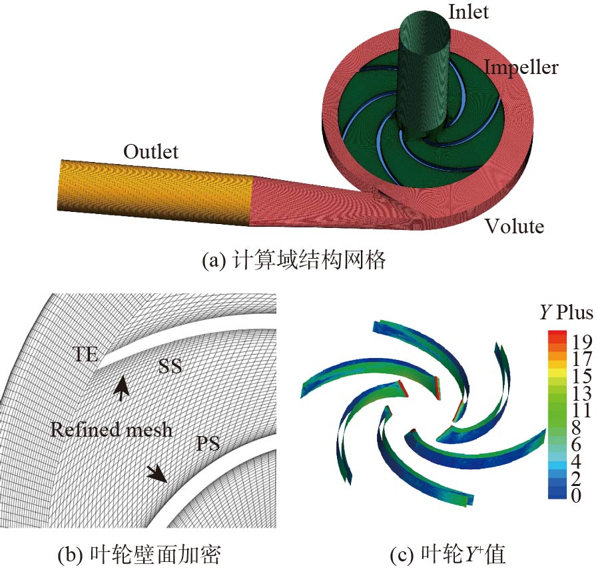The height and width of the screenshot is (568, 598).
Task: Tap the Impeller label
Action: [x=521, y=67]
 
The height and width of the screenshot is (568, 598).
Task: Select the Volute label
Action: [x=513, y=227]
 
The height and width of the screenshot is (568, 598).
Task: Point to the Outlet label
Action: [x=150, y=152]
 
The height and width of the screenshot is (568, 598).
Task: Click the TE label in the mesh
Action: [x=85, y=354]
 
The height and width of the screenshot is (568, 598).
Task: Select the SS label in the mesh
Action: [x=170, y=366]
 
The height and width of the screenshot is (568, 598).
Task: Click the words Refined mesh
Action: [x=111, y=429]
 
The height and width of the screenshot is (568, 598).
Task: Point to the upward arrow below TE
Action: [x=121, y=387]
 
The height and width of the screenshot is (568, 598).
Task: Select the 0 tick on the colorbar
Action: [x=576, y=495]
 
